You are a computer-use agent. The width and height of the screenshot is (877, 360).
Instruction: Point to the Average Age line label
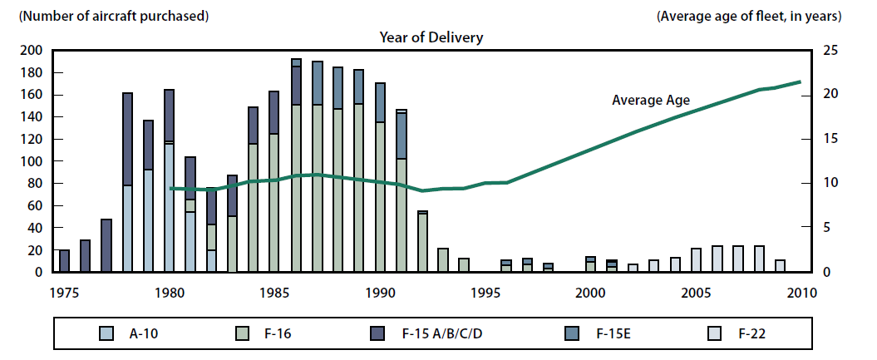click(x=651, y=100)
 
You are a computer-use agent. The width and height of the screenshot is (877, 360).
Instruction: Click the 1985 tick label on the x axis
click(x=274, y=293)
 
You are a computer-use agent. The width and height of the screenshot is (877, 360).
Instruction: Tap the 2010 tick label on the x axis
click(x=800, y=293)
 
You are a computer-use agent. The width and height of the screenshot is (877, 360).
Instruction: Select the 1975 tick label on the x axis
click(x=64, y=293)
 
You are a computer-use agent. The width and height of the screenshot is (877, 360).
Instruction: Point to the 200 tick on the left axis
click(x=32, y=51)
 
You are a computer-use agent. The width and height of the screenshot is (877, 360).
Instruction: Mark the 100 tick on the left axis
click(x=32, y=161)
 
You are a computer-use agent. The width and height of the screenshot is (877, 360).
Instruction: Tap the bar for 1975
click(x=65, y=261)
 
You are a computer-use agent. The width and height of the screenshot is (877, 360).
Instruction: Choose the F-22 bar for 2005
click(x=696, y=260)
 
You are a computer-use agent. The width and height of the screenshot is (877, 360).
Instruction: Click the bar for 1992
click(x=422, y=242)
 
